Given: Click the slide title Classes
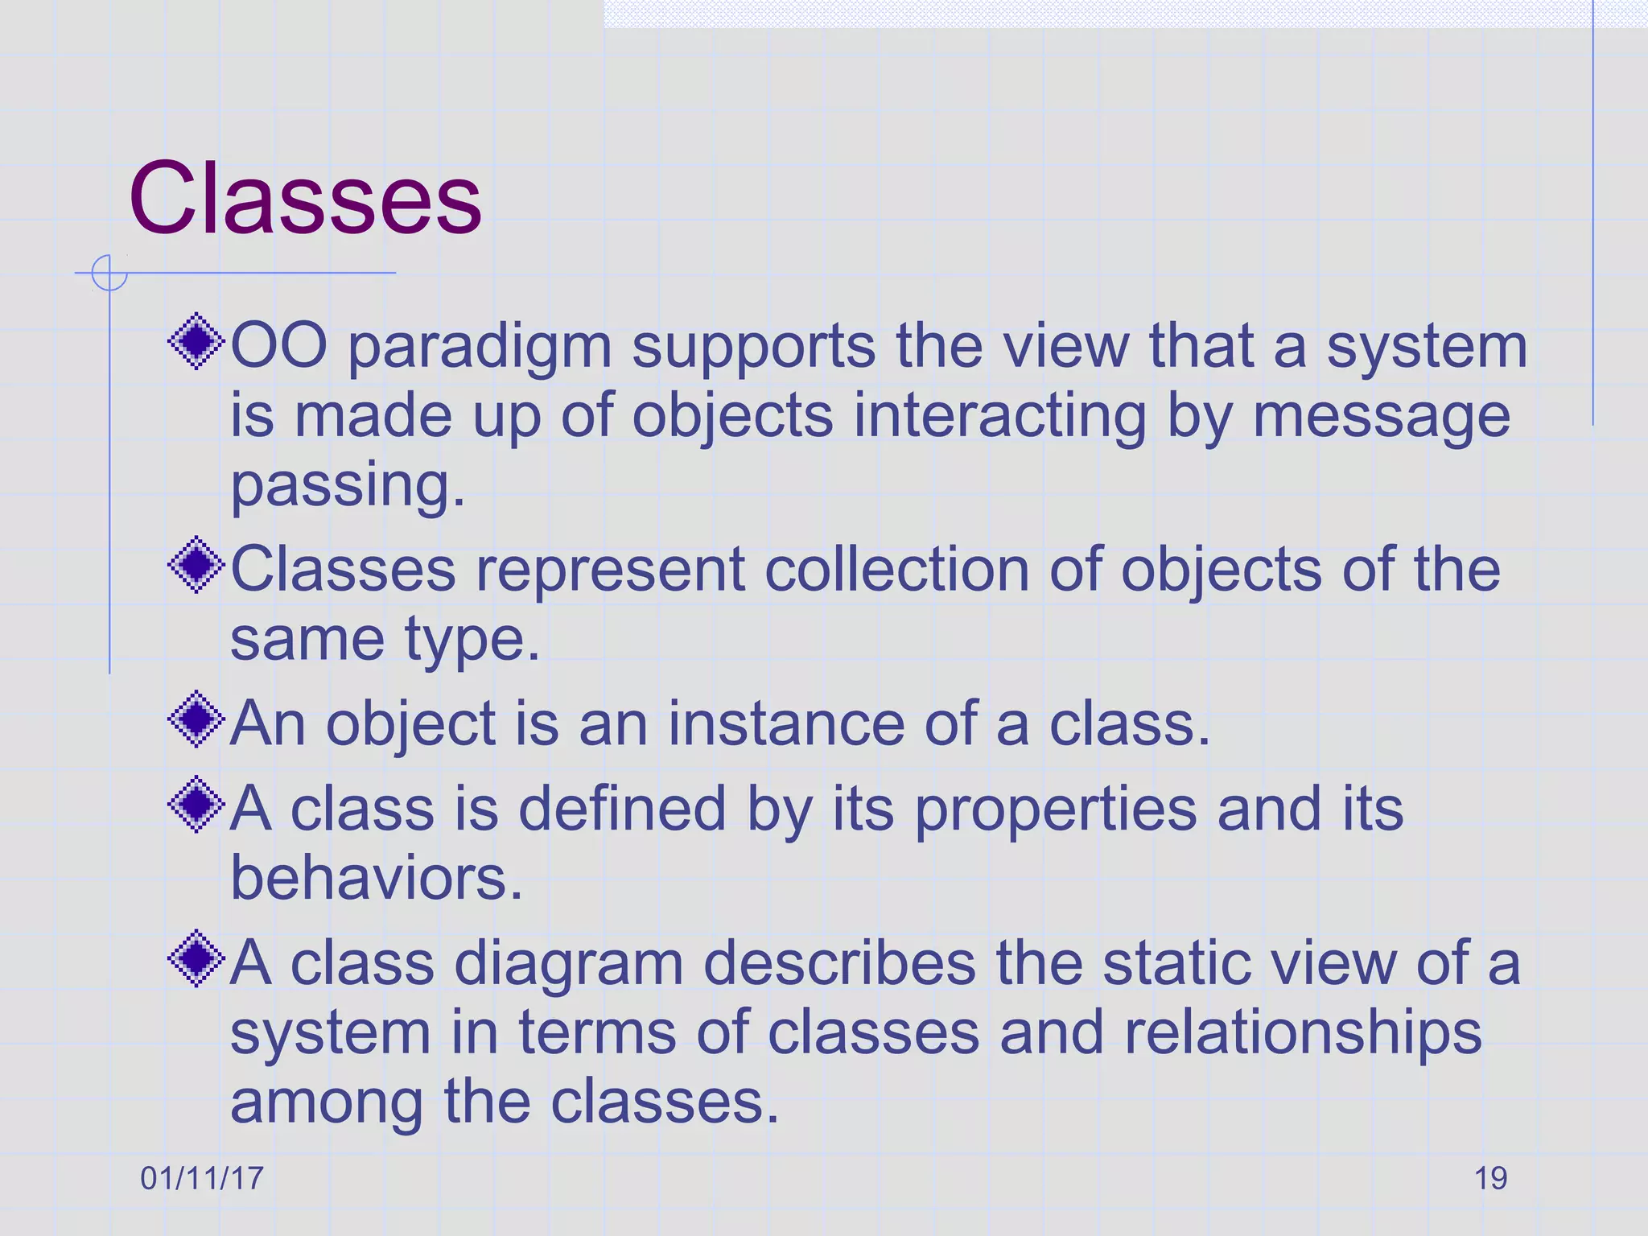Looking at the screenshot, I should [305, 199].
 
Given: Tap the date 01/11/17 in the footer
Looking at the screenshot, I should [202, 1178].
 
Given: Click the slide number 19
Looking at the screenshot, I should [1490, 1178].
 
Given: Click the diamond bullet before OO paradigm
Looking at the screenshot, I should [196, 343].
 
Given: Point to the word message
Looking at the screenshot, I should [1381, 418].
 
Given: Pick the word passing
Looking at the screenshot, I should [348, 488].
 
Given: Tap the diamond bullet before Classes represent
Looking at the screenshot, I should [196, 566].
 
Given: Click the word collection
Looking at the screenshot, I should [896, 571].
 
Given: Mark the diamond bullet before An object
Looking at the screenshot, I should [196, 719].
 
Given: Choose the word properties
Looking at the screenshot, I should [1056, 811].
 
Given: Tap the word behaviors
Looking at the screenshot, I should [377, 878].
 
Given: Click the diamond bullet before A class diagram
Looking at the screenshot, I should [196, 958].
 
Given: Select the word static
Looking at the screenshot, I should [1172, 963].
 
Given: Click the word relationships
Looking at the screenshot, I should [1302, 1034].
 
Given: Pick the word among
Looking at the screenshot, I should [327, 1104].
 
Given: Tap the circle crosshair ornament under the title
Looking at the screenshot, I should [109, 273].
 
